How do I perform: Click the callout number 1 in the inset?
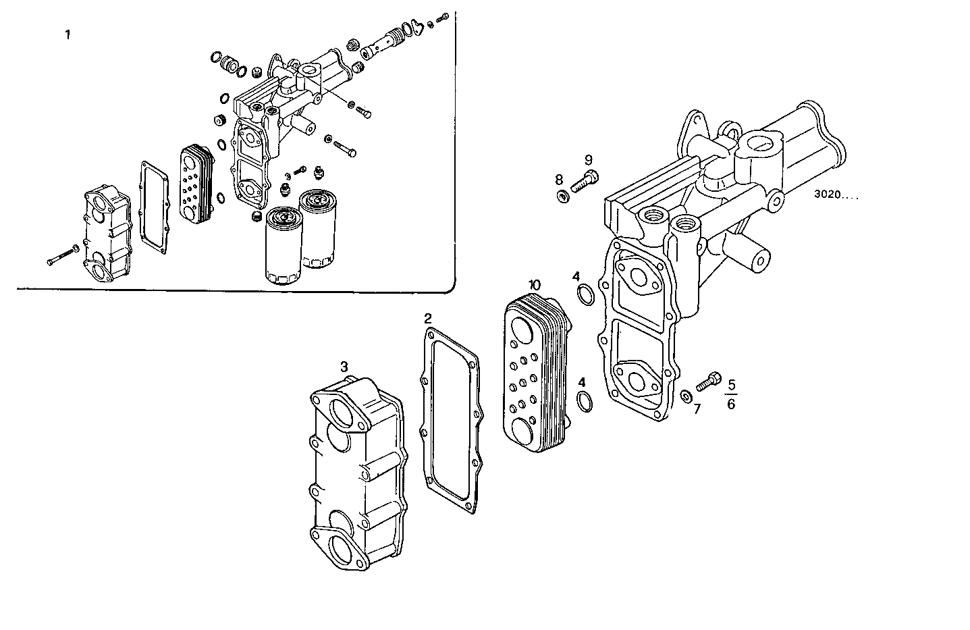(67, 34)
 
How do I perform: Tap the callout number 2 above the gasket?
(428, 318)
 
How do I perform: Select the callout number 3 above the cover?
(344, 367)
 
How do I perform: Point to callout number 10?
(535, 285)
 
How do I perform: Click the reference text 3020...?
(831, 195)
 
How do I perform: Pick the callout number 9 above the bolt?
(588, 160)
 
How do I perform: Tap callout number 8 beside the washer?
(559, 180)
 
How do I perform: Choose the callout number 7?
(697, 409)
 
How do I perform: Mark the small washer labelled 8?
(563, 196)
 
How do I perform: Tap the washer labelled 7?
(685, 395)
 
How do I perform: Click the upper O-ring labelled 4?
(585, 294)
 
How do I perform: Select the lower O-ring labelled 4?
(586, 401)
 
